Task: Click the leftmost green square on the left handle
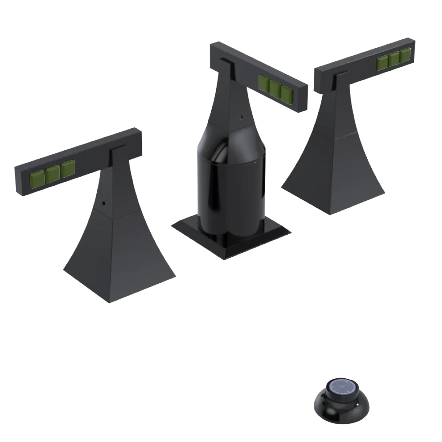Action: click(37, 178)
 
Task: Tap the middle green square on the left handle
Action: click(53, 173)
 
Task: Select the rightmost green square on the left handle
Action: click(68, 169)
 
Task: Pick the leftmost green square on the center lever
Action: click(264, 83)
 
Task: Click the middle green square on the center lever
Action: click(275, 88)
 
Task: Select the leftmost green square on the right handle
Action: click(382, 64)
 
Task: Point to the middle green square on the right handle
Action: click(394, 60)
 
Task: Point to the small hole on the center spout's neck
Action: click(241, 118)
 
